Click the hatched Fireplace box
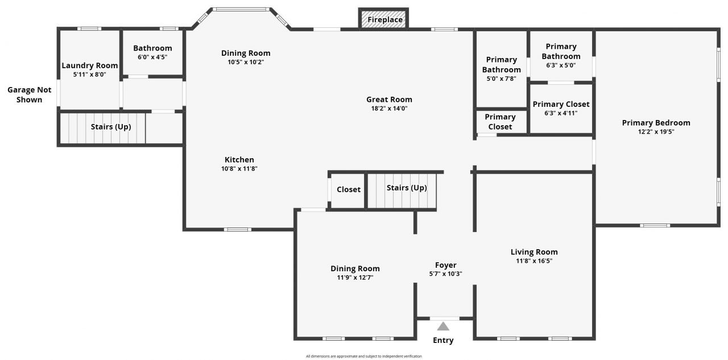[384, 19]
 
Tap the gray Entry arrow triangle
[444, 326]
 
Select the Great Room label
[389, 100]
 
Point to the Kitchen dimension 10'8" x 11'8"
[239, 168]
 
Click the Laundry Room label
[90, 65]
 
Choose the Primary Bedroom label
[656, 123]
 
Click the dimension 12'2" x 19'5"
[656, 132]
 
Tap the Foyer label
[445, 265]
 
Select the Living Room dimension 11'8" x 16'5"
[534, 261]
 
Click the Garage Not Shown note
[29, 95]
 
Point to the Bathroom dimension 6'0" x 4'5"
[152, 57]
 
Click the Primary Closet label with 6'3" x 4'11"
[561, 104]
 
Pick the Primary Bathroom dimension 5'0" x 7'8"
[501, 78]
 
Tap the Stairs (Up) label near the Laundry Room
[110, 127]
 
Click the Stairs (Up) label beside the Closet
[407, 188]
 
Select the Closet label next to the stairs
[349, 189]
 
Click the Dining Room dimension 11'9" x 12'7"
[355, 278]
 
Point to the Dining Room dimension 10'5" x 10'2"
[246, 62]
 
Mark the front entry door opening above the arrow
[444, 318]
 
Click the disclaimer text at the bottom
[363, 356]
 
